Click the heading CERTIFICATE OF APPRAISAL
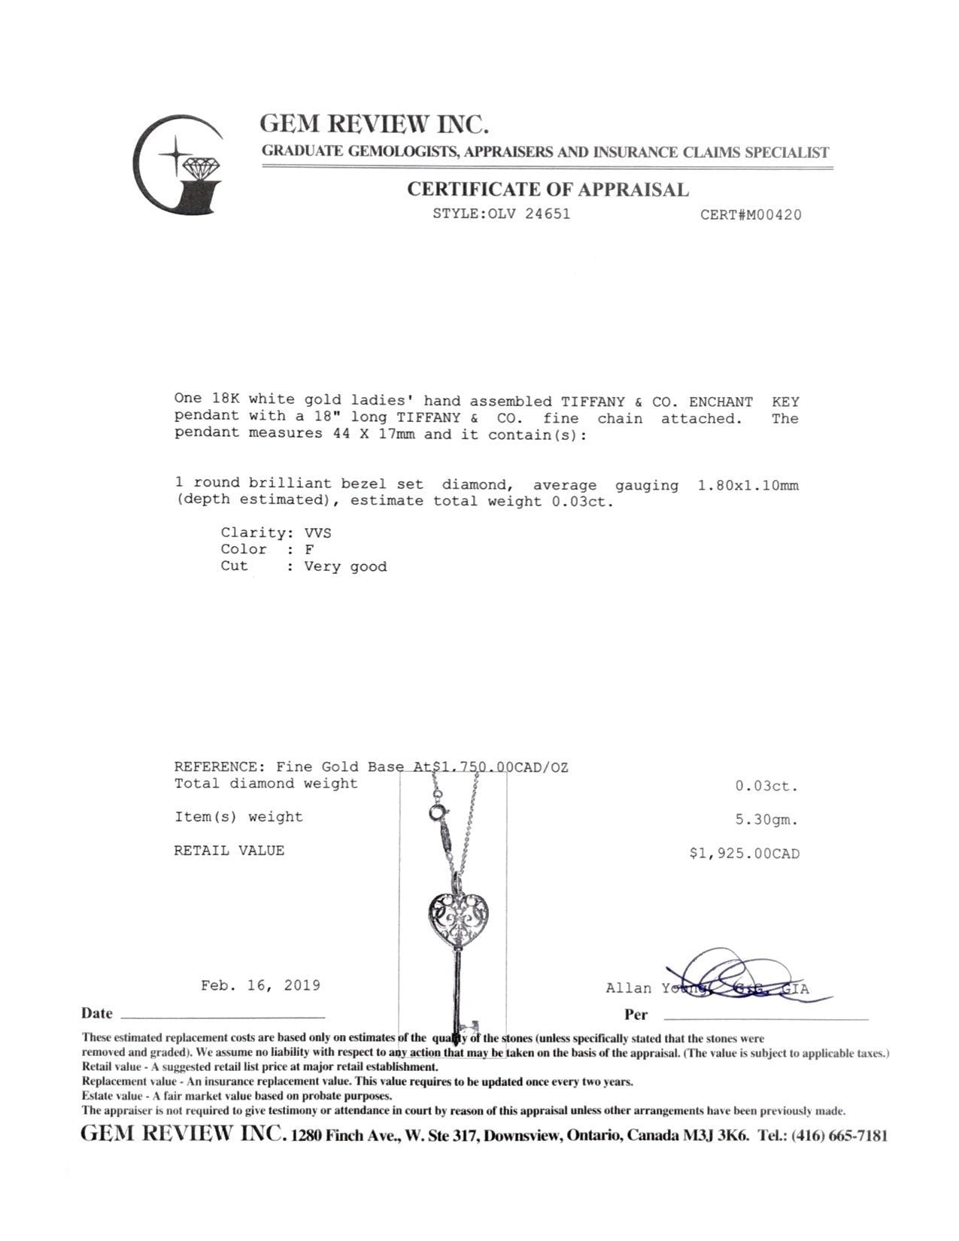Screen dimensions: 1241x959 (548, 190)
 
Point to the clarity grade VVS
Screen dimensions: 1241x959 (317, 533)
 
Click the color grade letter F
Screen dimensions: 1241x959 (309, 550)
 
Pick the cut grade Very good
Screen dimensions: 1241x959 (345, 567)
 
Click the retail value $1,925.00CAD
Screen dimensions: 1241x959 (744, 854)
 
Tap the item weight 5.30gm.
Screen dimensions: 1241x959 (766, 821)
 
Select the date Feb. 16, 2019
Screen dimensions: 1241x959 (260, 985)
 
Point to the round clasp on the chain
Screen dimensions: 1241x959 (436, 813)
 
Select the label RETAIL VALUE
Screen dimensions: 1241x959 (229, 851)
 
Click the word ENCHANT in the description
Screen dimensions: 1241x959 (721, 402)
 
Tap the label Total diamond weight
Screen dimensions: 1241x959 (266, 784)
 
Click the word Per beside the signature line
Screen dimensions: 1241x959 (636, 1015)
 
